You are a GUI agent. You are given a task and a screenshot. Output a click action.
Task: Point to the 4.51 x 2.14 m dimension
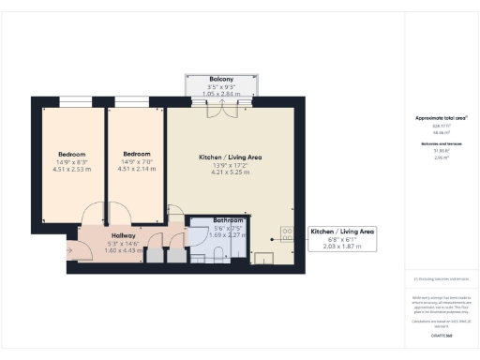tap(138, 170)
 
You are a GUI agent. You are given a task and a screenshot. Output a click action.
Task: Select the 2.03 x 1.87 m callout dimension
tap(342, 248)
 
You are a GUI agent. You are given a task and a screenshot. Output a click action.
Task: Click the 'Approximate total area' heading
tap(441, 117)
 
